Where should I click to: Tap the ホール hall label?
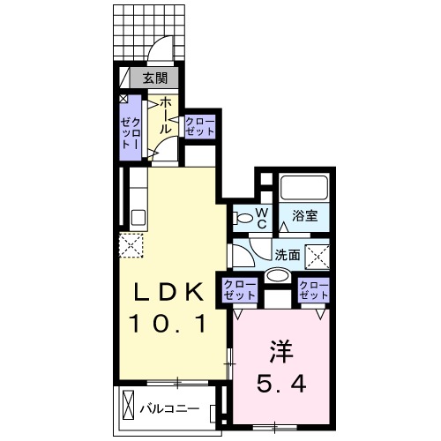coord(165,116)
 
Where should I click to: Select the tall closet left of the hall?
coord(129,128)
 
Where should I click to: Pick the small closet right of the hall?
coord(199,125)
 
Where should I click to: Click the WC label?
coord(261,217)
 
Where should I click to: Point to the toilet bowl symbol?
coord(242,216)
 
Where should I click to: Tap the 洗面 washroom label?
coord(288,253)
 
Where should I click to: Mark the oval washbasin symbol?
coord(277,275)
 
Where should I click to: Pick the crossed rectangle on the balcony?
coord(129,408)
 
